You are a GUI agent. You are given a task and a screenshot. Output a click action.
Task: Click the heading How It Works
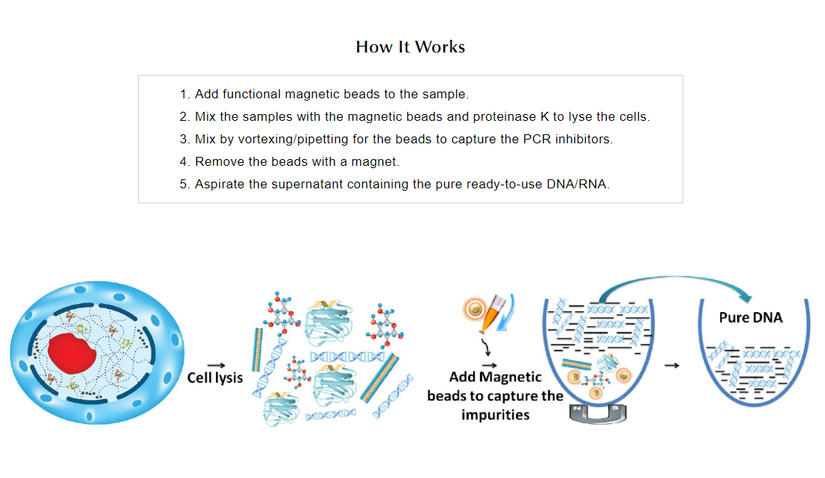click(410, 47)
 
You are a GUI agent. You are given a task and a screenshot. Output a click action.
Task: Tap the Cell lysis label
click(214, 377)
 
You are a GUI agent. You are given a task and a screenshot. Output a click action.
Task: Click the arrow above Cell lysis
click(216, 362)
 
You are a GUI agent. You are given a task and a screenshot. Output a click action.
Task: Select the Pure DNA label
click(750, 317)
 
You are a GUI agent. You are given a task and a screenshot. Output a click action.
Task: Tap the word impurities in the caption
click(495, 414)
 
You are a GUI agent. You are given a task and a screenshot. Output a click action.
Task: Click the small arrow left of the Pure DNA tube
click(672, 365)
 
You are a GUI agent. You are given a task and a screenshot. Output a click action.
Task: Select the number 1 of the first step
click(184, 95)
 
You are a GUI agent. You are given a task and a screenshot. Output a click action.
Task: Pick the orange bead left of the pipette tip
click(473, 308)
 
